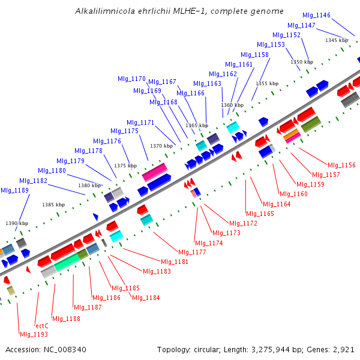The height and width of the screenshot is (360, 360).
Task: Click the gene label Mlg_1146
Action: (316, 15)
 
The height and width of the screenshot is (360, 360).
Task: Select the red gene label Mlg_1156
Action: (341, 165)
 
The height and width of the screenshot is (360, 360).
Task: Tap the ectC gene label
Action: (41, 326)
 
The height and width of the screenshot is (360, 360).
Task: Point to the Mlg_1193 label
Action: (34, 334)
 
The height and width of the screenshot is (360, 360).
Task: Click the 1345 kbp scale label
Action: (337, 40)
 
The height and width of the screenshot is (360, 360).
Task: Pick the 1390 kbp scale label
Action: (17, 223)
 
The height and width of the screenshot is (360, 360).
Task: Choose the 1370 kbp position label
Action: (161, 146)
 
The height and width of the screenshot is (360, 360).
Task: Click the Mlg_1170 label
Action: (131, 79)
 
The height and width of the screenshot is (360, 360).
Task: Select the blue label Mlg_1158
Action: (254, 55)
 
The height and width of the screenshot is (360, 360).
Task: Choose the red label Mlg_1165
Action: (260, 214)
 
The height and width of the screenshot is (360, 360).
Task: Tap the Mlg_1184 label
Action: (146, 298)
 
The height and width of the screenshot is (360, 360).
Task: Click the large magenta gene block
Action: (155, 172)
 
